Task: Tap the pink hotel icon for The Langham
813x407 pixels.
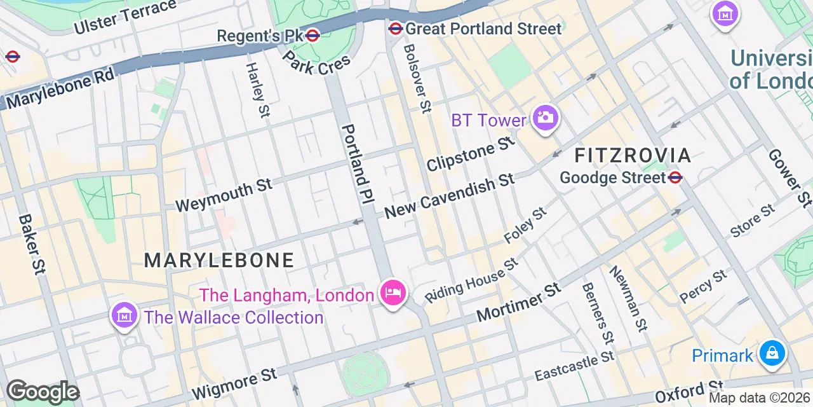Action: pyautogui.click(x=393, y=293)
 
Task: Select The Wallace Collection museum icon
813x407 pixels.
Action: pyautogui.click(x=124, y=315)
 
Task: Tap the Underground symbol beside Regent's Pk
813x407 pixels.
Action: pyautogui.click(x=312, y=36)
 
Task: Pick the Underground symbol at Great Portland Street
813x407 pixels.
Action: pyautogui.click(x=395, y=29)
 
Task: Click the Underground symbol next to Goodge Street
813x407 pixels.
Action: pyautogui.click(x=675, y=177)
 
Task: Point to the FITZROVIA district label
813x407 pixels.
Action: pyautogui.click(x=633, y=155)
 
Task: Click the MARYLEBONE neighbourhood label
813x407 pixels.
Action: pyautogui.click(x=219, y=260)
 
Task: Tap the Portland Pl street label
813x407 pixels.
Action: pyautogui.click(x=356, y=164)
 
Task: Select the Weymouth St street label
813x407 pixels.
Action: pyautogui.click(x=224, y=195)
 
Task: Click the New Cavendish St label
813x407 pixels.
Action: pyautogui.click(x=450, y=196)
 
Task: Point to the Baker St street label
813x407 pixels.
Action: pyautogui.click(x=32, y=244)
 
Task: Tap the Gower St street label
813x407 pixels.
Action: pyautogui.click(x=789, y=179)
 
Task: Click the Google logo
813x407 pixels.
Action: pyautogui.click(x=42, y=392)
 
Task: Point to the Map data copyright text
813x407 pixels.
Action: pyautogui.click(x=760, y=398)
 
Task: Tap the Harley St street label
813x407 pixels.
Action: pyautogui.click(x=257, y=90)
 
